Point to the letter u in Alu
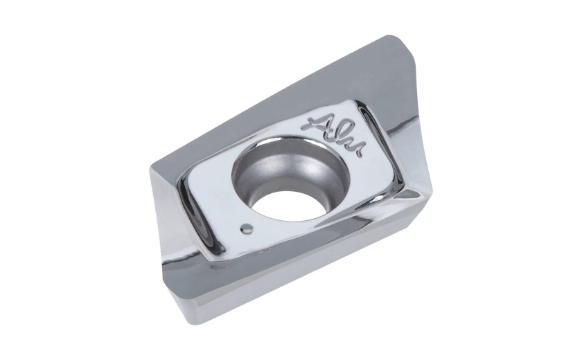(x=357, y=148)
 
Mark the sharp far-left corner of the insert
(x=150, y=168)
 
